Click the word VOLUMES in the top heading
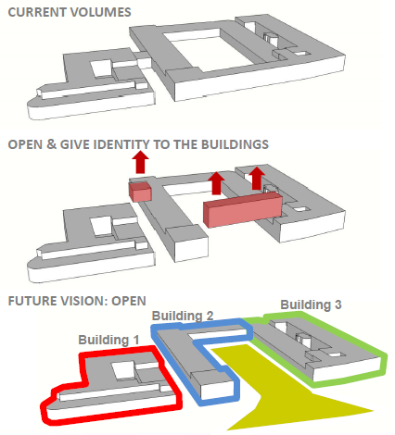pyautogui.click(x=101, y=12)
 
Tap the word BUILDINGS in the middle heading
pyautogui.click(x=235, y=144)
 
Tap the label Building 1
pyautogui.click(x=108, y=340)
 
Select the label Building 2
pyautogui.click(x=183, y=316)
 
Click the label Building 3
pyautogui.click(x=311, y=304)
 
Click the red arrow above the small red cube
pyautogui.click(x=140, y=162)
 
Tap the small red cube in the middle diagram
pyautogui.click(x=140, y=192)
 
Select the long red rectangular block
pyautogui.click(x=243, y=209)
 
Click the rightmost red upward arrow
pyautogui.click(x=257, y=179)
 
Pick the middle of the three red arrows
pyautogui.click(x=216, y=183)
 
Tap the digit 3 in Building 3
pyautogui.click(x=338, y=304)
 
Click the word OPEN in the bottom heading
pyautogui.click(x=129, y=301)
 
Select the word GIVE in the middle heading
pyautogui.click(x=75, y=144)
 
